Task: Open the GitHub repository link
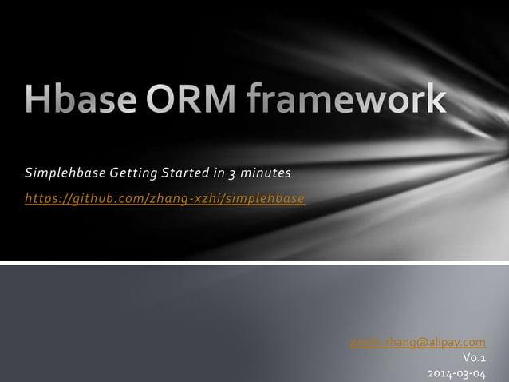(165, 198)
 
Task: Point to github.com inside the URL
(105, 198)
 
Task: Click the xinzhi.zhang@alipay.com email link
(417, 344)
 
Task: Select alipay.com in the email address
(457, 344)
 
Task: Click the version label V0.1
(474, 359)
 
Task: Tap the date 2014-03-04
(456, 373)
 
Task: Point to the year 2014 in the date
(440, 373)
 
